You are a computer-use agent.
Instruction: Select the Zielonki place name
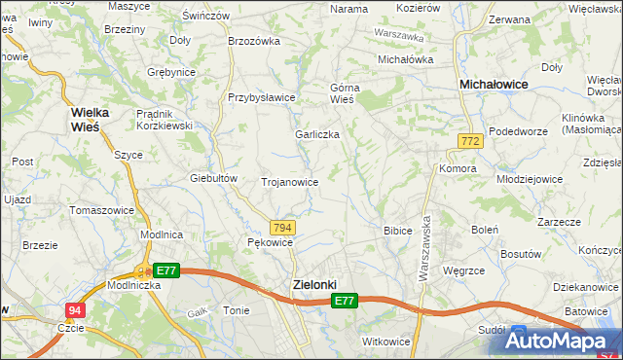pos(314,285)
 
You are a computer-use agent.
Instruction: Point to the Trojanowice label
pos(290,182)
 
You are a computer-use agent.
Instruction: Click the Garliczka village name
pos(317,135)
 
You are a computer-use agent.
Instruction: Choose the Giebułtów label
pos(214,178)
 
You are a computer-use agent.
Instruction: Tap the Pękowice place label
pos(270,242)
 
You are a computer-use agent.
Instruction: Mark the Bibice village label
pos(398,232)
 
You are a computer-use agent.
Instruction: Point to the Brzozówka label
pos(253,41)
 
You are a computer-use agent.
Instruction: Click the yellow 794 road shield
pos(281,227)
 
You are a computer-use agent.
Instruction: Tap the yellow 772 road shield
pos(470,142)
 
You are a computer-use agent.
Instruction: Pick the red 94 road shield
pos(74,310)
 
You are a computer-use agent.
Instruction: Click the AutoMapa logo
pos(563,341)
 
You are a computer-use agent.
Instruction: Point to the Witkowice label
pos(385,342)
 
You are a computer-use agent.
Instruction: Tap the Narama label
pos(348,9)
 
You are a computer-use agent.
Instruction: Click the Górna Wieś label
pos(344,92)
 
